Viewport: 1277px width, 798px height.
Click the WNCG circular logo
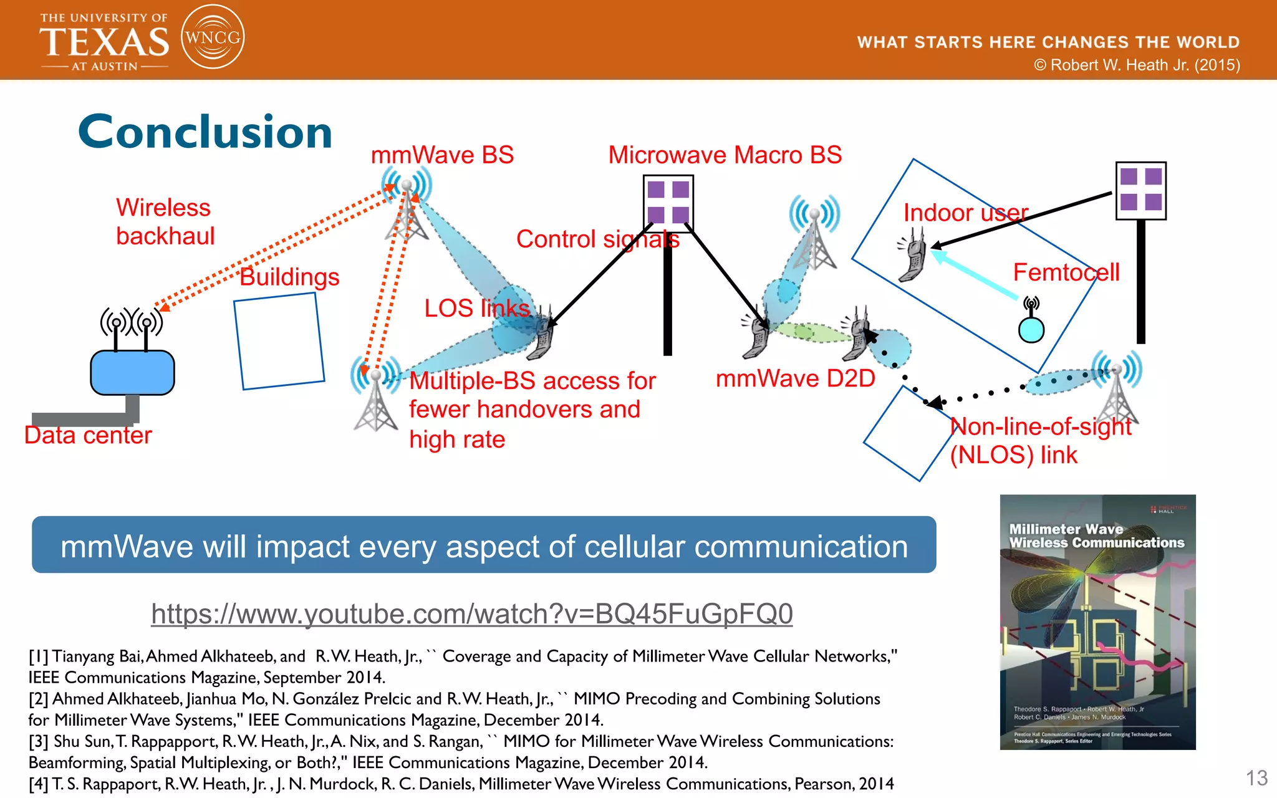point(212,37)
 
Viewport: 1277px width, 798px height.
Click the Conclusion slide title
point(205,132)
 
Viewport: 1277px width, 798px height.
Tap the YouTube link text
point(471,614)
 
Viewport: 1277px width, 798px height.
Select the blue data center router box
point(132,372)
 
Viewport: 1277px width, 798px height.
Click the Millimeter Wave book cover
point(1097,622)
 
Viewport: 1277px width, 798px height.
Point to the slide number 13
point(1256,778)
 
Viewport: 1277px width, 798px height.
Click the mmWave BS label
point(442,155)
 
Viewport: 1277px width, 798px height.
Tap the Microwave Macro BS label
point(725,155)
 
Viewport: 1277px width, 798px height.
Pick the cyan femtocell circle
point(1031,330)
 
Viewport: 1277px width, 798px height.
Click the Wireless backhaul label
point(165,222)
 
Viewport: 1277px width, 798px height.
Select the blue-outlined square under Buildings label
point(279,341)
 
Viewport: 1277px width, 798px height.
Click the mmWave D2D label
point(795,378)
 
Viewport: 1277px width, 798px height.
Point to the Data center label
point(88,435)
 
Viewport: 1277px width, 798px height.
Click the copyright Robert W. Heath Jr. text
point(1137,65)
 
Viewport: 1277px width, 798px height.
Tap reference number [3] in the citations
point(39,741)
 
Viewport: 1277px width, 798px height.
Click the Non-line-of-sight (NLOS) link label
point(1040,441)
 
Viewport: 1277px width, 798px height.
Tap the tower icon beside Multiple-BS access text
point(375,396)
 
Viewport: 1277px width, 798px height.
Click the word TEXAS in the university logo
point(104,42)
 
